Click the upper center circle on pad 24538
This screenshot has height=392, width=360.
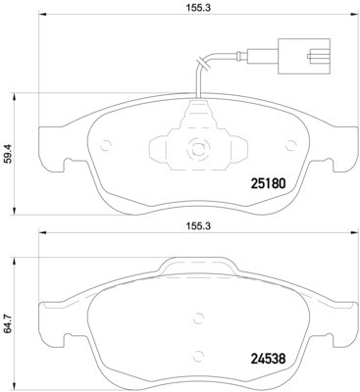tap(198, 318)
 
